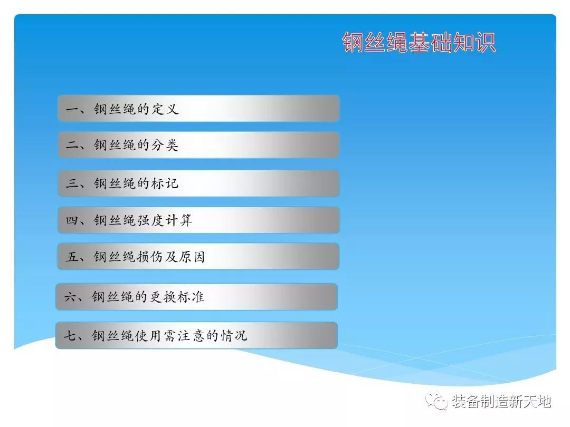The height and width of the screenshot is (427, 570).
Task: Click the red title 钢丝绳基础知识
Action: [419, 43]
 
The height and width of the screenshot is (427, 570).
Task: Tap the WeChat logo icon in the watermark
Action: [436, 401]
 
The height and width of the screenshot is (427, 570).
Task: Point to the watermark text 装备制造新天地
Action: [501, 401]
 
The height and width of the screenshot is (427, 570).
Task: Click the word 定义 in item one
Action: [165, 109]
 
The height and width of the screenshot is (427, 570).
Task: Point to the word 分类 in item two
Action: [165, 145]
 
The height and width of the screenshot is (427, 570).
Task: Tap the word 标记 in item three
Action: [165, 183]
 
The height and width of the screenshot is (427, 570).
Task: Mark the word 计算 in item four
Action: [179, 220]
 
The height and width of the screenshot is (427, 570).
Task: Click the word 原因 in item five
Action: [192, 256]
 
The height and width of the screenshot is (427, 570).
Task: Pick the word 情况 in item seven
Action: [234, 335]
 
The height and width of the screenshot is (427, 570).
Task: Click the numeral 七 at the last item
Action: [70, 335]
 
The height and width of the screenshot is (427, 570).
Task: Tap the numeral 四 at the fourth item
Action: [72, 220]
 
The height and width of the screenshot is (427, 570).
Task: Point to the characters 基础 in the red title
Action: [431, 43]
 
